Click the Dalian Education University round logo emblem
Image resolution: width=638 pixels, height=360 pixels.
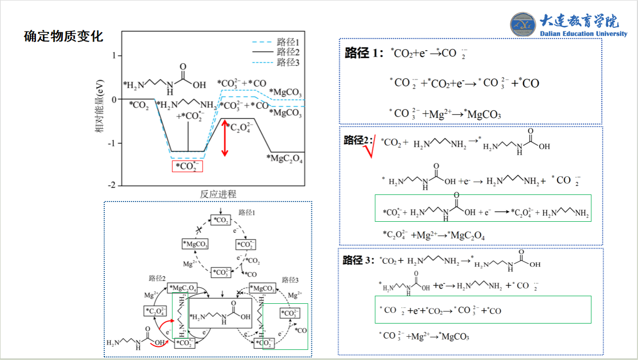[x=523, y=24]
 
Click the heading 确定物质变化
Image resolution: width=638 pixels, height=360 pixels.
[x=63, y=36]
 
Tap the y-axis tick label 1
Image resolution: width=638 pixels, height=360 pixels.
[x=114, y=55]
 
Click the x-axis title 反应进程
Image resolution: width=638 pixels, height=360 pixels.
[x=218, y=194]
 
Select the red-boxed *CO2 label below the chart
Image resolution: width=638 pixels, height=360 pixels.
[x=187, y=166]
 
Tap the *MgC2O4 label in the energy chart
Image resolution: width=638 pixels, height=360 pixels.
[x=285, y=159]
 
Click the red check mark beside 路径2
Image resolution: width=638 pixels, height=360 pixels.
[x=370, y=149]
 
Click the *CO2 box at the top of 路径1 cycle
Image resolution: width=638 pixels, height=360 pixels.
[x=221, y=220]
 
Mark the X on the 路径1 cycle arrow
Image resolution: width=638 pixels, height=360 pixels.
[x=200, y=230]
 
